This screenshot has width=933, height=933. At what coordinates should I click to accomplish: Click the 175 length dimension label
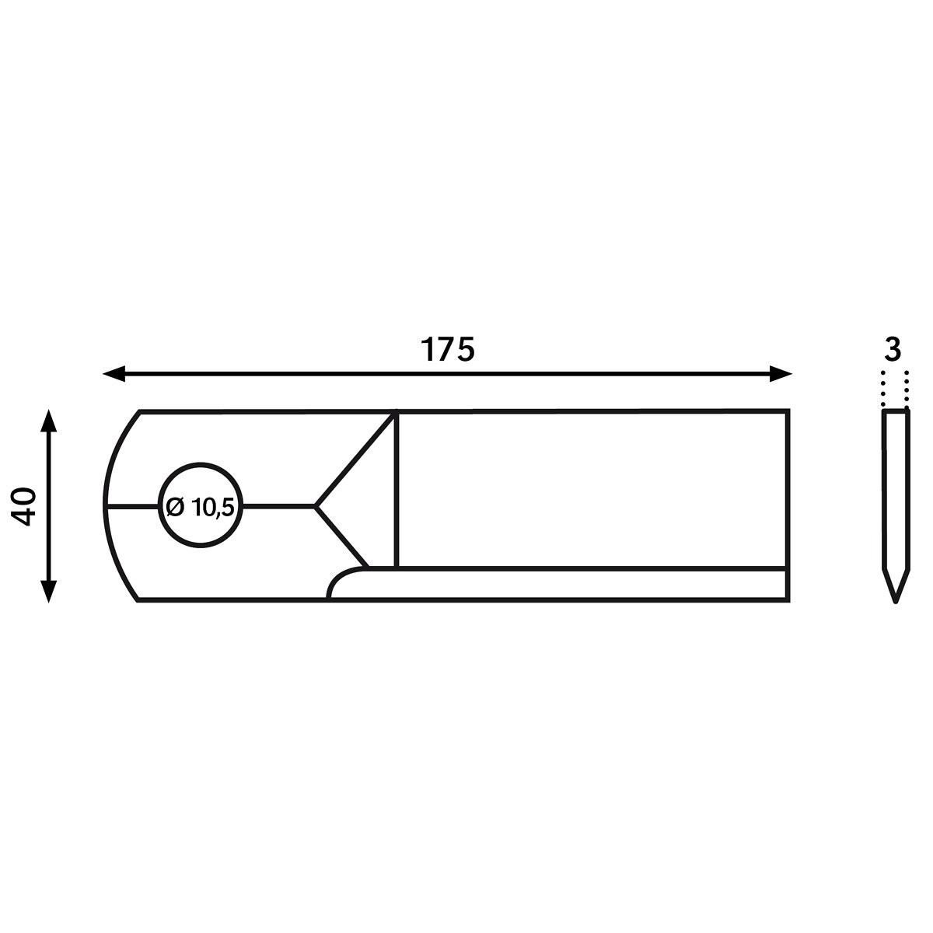point(448,350)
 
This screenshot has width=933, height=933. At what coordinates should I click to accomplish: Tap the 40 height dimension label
point(24,507)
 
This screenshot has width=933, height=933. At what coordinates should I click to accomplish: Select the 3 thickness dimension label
point(893,350)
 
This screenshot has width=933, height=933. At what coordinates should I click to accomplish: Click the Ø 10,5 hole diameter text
point(200,508)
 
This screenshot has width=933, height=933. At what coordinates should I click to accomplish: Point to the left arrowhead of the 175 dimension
point(114,374)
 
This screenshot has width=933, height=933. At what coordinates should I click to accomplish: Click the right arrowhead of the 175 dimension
point(781,374)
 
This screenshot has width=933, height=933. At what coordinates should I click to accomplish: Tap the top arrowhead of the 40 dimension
point(48,421)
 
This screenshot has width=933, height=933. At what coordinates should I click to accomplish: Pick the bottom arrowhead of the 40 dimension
point(48,592)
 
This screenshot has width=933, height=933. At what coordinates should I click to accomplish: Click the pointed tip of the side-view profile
point(896,602)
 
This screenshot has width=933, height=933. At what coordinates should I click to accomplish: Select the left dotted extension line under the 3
point(883,389)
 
